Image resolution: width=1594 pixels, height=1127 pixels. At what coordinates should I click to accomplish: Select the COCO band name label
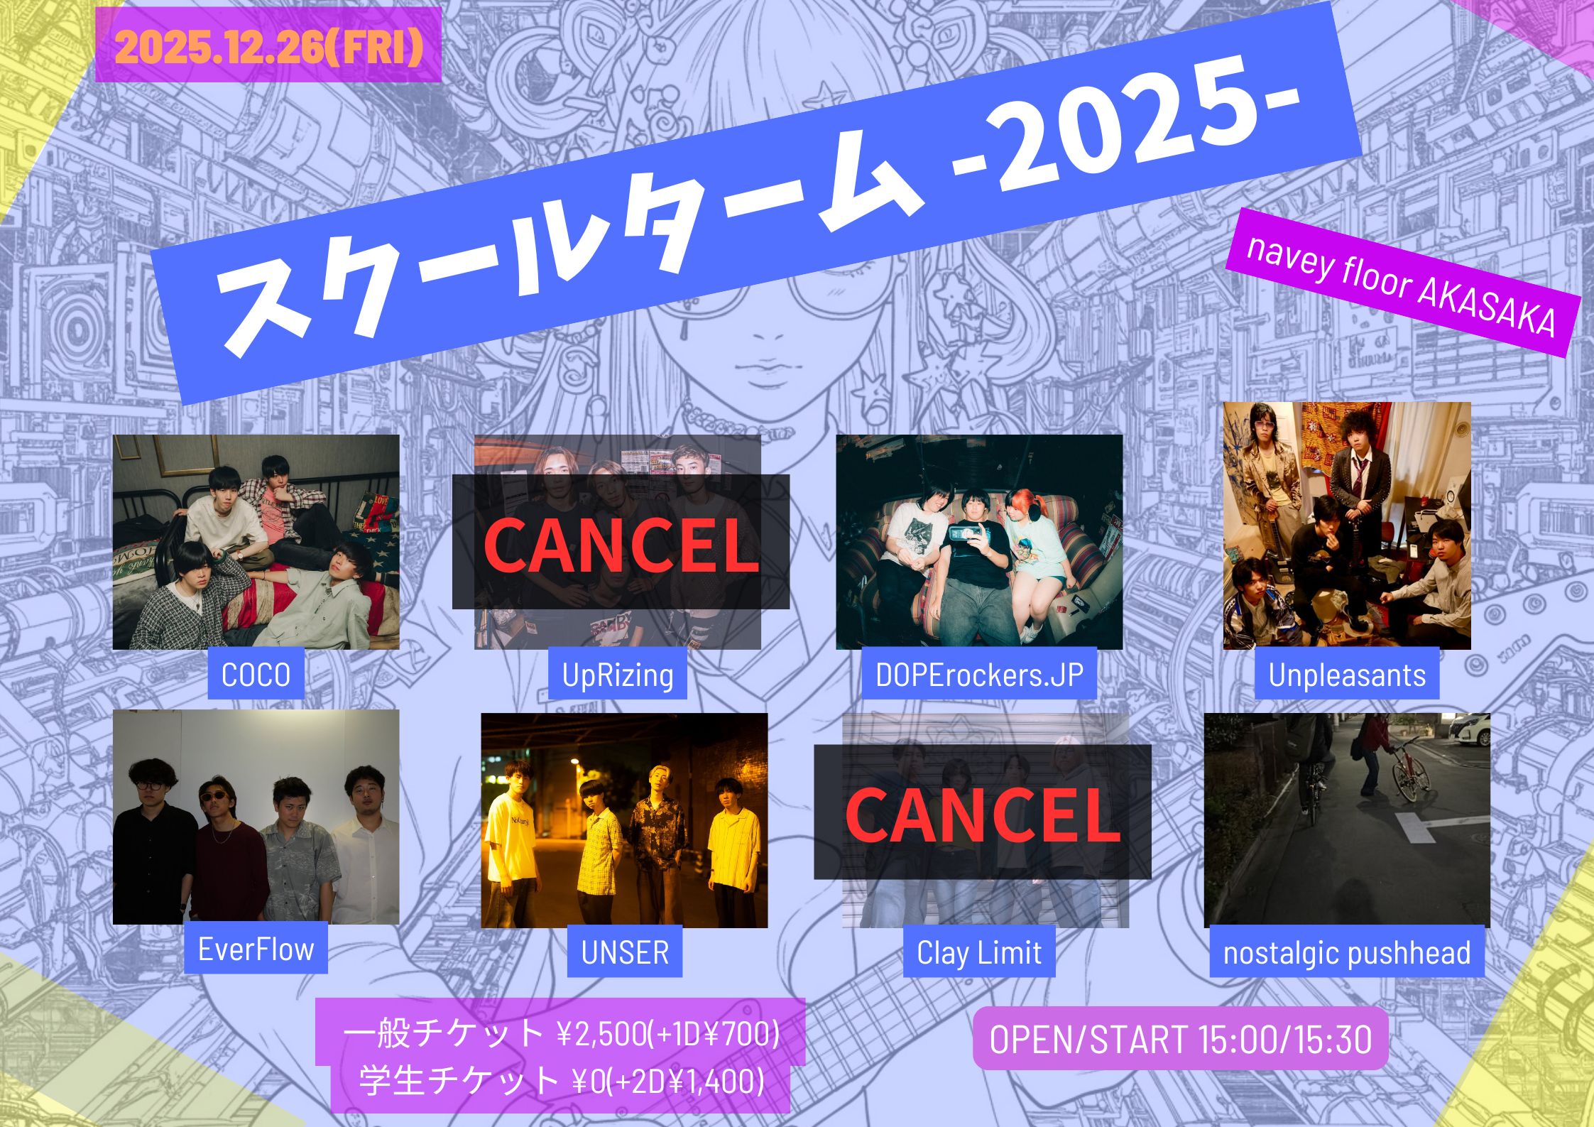tap(256, 674)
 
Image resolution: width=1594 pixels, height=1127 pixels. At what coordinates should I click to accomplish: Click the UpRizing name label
tap(618, 674)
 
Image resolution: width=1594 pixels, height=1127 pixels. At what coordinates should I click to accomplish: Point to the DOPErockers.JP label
tap(979, 674)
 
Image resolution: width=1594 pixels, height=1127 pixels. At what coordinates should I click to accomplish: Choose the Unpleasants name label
tap(1347, 674)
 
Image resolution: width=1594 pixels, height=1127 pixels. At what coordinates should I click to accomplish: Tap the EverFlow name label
tap(256, 949)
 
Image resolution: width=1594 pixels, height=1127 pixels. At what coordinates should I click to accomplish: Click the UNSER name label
tap(625, 952)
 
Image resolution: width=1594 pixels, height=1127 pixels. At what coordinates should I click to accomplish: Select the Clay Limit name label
tap(979, 952)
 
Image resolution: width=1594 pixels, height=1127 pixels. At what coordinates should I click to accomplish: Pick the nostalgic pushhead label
tap(1347, 952)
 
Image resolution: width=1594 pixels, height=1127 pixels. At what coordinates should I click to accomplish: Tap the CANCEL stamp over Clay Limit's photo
tap(982, 812)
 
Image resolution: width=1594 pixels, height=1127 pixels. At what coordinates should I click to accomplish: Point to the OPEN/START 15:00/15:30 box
tap(1180, 1038)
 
